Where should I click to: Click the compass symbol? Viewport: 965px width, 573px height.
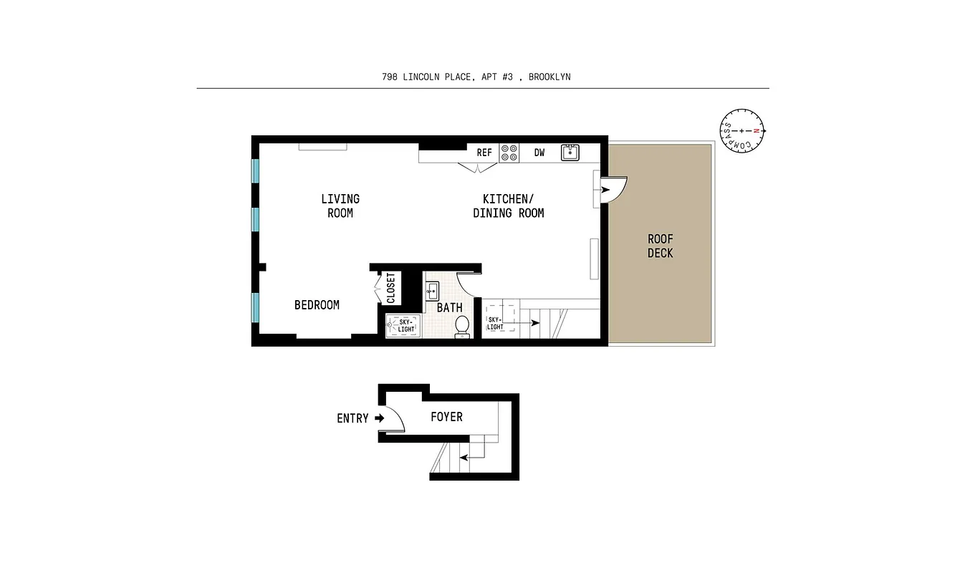tap(742, 131)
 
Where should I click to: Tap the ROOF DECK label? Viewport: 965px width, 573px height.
tap(660, 246)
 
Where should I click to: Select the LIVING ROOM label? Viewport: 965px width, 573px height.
tap(340, 206)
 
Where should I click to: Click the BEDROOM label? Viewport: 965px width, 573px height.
tap(317, 305)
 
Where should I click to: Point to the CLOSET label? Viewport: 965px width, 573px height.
tap(390, 288)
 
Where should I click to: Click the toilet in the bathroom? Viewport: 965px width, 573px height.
tap(462, 326)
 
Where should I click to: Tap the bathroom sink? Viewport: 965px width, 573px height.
tap(432, 290)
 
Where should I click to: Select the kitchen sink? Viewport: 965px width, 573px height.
tap(570, 152)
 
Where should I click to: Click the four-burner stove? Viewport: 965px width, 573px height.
tap(509, 153)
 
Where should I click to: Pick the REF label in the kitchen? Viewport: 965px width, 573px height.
tap(485, 153)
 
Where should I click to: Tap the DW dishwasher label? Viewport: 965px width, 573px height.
tap(539, 153)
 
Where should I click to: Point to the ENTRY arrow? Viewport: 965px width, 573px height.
tap(378, 418)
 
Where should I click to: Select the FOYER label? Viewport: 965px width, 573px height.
tap(446, 417)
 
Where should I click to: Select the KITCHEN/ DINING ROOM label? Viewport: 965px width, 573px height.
tap(508, 206)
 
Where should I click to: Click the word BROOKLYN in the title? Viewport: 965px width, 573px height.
tap(549, 77)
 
